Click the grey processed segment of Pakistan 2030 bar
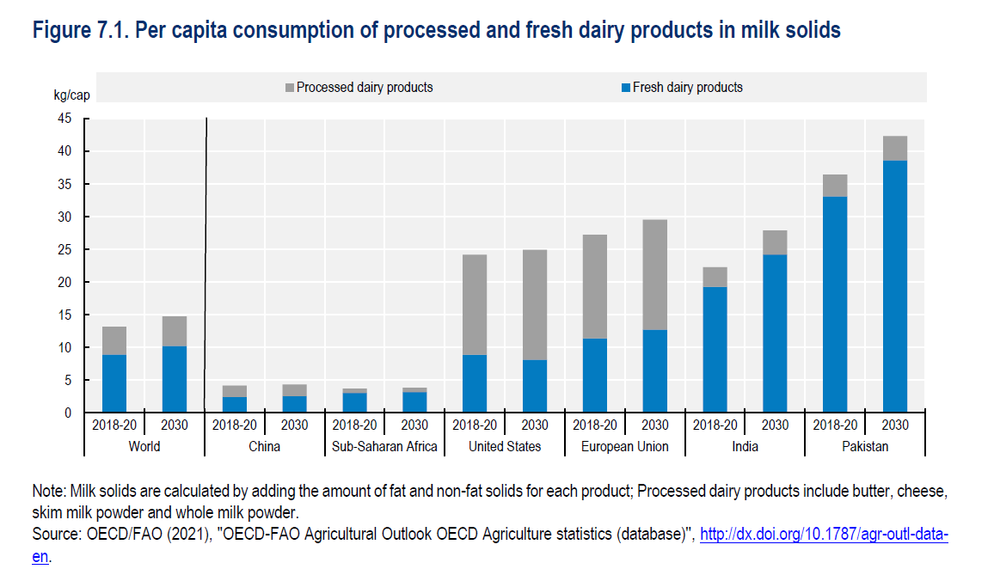[895, 149]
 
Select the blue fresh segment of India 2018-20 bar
[715, 350]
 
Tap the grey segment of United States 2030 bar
[535, 305]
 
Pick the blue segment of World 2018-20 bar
[114, 384]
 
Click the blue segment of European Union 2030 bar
[655, 371]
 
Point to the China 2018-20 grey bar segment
[235, 391]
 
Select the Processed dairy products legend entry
[365, 87]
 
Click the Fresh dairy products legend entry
[687, 87]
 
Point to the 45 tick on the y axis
[65, 119]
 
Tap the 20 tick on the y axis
[65, 282]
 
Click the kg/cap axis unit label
[71, 94]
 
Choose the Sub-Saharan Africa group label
[384, 446]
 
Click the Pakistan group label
[865, 446]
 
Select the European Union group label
[625, 446]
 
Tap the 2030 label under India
[775, 425]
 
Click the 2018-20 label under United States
[475, 425]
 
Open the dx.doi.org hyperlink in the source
[824, 535]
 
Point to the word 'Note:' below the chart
[48, 491]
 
